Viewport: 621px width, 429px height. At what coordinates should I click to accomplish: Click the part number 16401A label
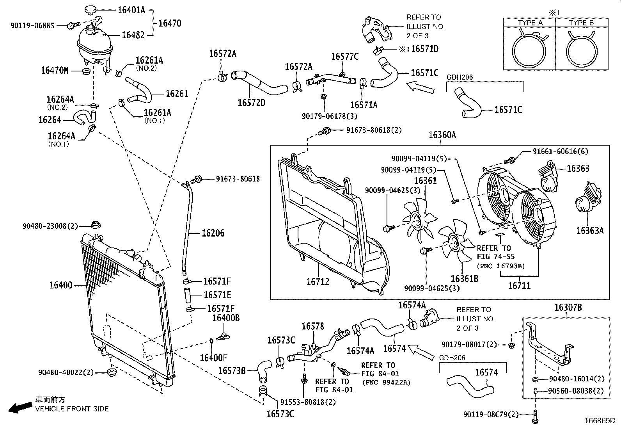pyautogui.click(x=131, y=10)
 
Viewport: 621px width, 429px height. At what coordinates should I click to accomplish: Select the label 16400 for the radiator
pyautogui.click(x=61, y=285)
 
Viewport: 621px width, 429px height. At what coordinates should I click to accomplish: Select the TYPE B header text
pyautogui.click(x=581, y=23)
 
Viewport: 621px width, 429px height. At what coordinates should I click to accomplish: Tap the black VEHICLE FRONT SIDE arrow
pyautogui.click(x=20, y=407)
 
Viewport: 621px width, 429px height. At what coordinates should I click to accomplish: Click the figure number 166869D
pyautogui.click(x=600, y=421)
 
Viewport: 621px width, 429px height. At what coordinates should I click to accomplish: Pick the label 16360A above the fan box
pyautogui.click(x=442, y=135)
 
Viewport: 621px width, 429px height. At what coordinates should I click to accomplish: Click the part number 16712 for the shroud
pyautogui.click(x=318, y=281)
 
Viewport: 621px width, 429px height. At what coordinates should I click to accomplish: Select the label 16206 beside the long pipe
pyautogui.click(x=213, y=233)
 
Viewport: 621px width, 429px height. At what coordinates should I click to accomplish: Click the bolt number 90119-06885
pyautogui.click(x=33, y=25)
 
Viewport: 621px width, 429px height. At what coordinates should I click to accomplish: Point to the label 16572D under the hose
pyautogui.click(x=252, y=102)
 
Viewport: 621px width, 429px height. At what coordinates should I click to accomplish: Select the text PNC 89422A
pyautogui.click(x=386, y=382)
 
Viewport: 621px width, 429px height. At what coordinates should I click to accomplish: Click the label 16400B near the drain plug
pyautogui.click(x=226, y=318)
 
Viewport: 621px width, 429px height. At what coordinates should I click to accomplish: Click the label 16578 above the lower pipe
pyautogui.click(x=313, y=326)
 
